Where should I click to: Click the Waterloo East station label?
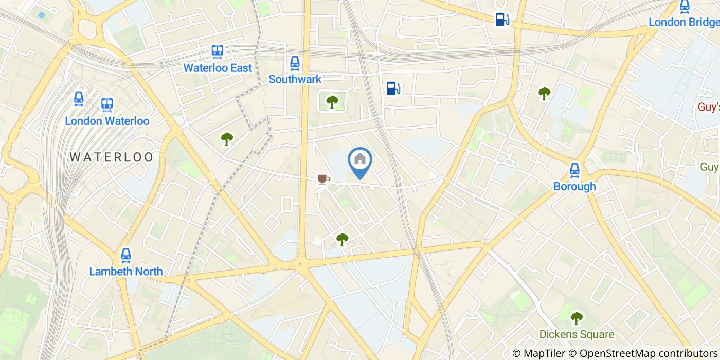[218, 68]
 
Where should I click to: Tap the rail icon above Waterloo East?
[218, 51]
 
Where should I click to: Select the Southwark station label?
[295, 79]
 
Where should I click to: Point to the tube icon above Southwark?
[295, 63]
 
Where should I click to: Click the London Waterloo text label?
[107, 121]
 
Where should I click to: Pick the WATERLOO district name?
[112, 157]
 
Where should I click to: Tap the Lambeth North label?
[126, 271]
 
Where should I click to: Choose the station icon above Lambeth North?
[126, 255]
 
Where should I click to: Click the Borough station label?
[574, 186]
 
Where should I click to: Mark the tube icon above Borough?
[574, 170]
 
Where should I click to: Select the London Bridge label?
[683, 22]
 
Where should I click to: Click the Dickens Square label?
[577, 334]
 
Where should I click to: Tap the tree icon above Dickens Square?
[577, 318]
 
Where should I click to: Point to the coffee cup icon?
[323, 179]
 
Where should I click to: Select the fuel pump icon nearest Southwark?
[393, 88]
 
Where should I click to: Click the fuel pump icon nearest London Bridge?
[502, 20]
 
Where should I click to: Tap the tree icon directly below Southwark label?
[332, 101]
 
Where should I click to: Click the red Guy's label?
[708, 107]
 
